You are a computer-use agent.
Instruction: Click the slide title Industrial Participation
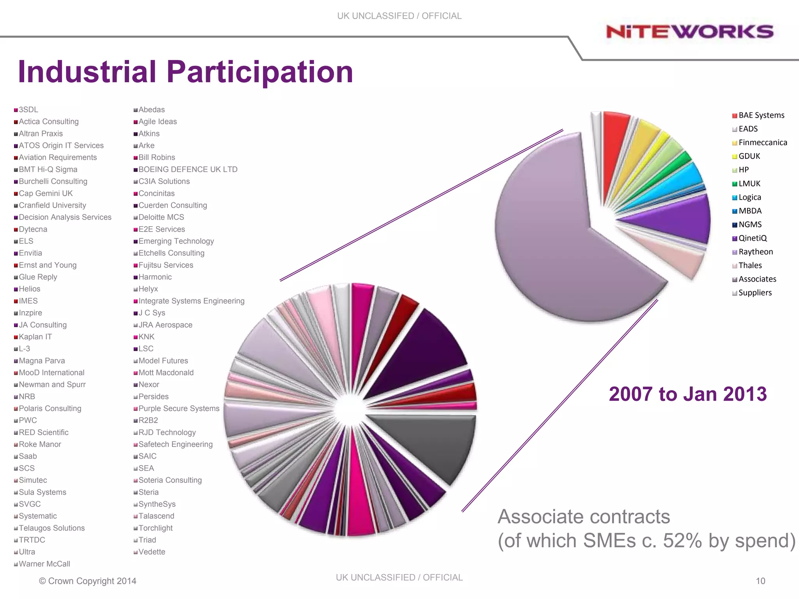[185, 72]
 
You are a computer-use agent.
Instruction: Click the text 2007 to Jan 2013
[687, 394]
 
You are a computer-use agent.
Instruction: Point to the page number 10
[760, 581]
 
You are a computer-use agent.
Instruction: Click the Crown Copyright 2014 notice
[88, 581]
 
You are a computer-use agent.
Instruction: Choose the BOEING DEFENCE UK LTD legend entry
[188, 170]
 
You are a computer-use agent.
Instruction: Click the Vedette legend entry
[151, 552]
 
